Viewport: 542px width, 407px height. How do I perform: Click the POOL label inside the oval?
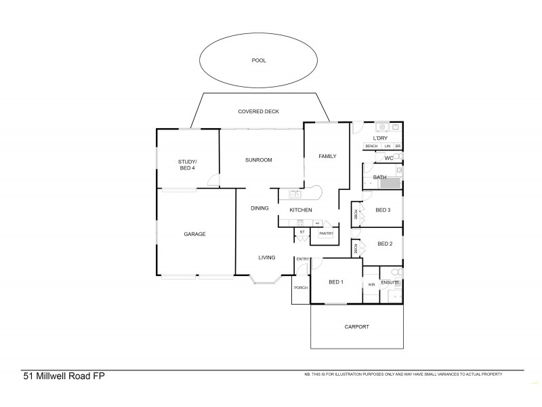point(258,60)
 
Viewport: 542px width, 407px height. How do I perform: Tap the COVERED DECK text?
point(258,111)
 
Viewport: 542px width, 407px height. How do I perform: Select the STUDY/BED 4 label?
point(187,164)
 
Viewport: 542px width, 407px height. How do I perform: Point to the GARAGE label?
point(194,234)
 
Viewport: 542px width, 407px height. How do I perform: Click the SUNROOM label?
point(258,160)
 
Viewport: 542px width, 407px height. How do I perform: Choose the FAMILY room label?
point(327,156)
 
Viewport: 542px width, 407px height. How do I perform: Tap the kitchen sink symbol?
point(295,195)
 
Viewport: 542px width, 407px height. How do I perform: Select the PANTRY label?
point(327,233)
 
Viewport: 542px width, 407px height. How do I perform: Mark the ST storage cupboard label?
point(302,233)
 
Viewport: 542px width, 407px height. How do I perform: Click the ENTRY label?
point(302,259)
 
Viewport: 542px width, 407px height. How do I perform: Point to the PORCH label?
point(300,288)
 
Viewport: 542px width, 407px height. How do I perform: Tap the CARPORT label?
point(357,327)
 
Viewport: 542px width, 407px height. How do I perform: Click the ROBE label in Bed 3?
point(355,214)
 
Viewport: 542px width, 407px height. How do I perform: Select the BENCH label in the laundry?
point(371,147)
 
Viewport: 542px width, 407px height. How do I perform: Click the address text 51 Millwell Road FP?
point(64,376)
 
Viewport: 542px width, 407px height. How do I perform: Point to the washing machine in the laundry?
point(383,127)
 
